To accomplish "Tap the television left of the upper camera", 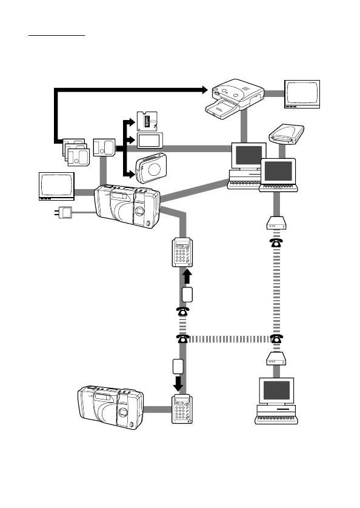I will pos(56,187).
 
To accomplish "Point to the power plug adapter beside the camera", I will pos(64,213).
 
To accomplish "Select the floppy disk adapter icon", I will pos(145,121).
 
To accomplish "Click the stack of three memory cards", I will pos(76,153).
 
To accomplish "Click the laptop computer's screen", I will pos(278,171).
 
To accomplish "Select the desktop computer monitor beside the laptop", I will pos(248,156).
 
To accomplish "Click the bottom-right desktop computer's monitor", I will pos(277,390).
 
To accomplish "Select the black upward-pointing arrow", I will pos(187,276).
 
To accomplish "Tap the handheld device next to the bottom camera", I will pos(182,410).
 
